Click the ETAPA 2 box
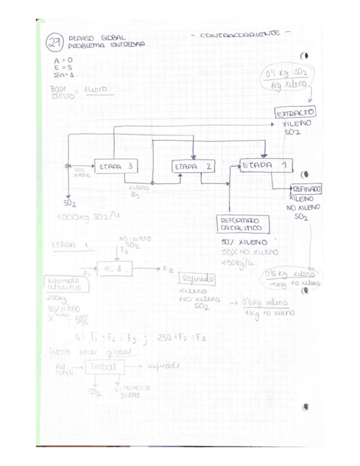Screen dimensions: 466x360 pyautogui.click(x=193, y=166)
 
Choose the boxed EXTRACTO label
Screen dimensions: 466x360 pyautogui.click(x=295, y=113)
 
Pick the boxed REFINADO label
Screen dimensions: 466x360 pyautogui.click(x=303, y=188)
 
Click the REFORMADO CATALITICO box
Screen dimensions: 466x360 pyautogui.click(x=243, y=224)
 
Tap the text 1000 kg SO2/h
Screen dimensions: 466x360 pyautogui.click(x=88, y=217)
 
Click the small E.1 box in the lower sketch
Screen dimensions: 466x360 pyautogui.click(x=114, y=269)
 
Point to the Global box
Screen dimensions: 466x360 pyautogui.click(x=104, y=367)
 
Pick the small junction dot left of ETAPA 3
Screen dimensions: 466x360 pyautogui.click(x=67, y=165)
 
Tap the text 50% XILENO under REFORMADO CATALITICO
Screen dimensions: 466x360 pyautogui.click(x=244, y=242)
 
